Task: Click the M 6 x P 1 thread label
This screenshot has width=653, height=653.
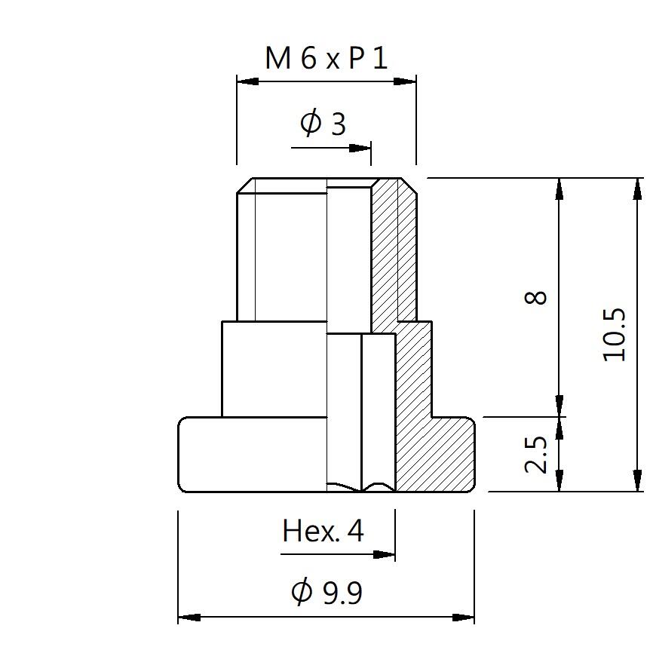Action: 326,58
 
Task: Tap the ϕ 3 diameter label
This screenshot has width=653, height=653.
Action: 323,123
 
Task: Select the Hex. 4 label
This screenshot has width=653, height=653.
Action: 323,531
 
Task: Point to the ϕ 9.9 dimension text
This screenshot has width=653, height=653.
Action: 327,591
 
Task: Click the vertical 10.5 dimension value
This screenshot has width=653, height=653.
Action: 615,334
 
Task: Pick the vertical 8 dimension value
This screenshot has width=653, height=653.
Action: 535,297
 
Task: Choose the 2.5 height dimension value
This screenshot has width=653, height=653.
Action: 535,455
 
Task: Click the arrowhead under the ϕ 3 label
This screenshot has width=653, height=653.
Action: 360,148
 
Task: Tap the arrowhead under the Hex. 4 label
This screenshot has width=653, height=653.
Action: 384,555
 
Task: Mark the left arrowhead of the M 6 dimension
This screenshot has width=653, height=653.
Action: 248,81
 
